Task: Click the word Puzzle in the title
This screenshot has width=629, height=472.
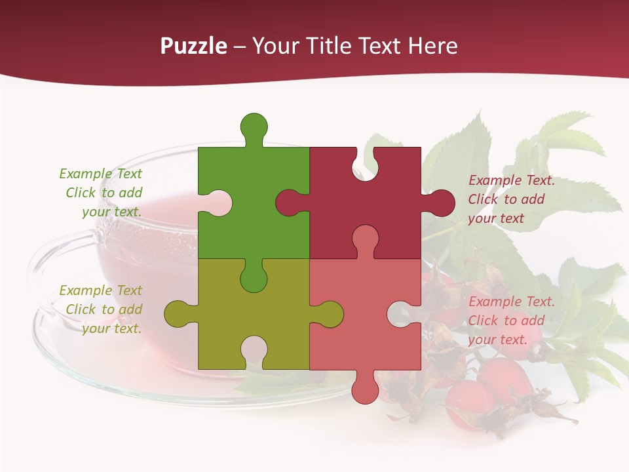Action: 193,46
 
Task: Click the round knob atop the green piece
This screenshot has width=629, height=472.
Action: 254,126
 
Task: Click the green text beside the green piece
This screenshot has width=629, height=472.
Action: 102,193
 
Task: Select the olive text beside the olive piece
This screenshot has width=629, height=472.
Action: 102,309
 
